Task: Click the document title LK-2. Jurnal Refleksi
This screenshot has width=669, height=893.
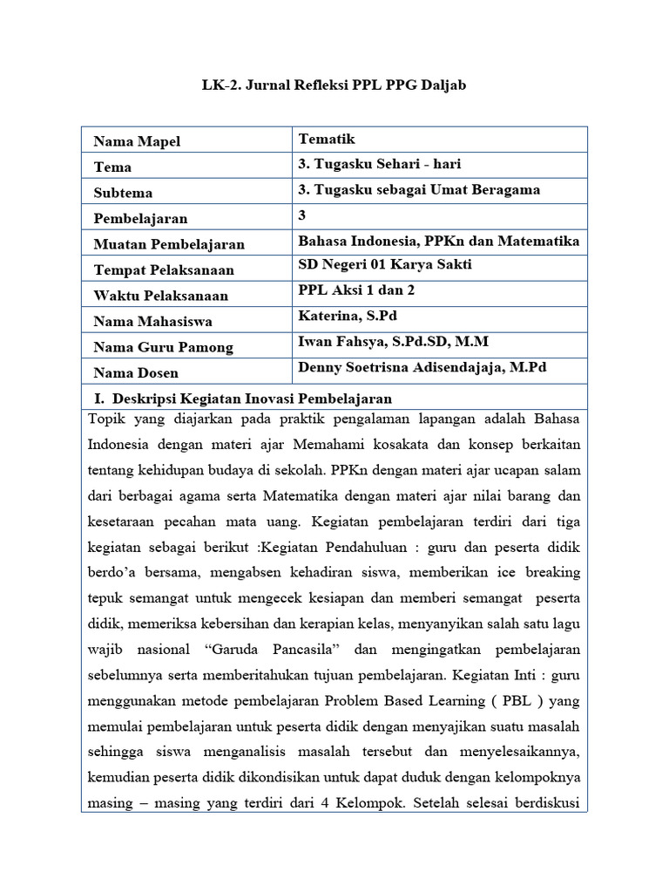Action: click(x=335, y=85)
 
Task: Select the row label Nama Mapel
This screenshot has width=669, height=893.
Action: click(x=137, y=141)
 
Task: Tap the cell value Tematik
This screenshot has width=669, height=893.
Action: click(x=327, y=139)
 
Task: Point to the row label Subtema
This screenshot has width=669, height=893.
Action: click(x=123, y=193)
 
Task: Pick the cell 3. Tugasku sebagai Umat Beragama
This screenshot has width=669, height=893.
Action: click(x=419, y=189)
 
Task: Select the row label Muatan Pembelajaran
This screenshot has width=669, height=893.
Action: click(x=169, y=244)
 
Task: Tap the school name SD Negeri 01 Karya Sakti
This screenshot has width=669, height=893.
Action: click(x=386, y=265)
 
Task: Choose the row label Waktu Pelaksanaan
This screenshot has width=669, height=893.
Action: click(x=160, y=296)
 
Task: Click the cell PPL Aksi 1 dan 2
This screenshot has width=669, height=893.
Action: click(x=356, y=290)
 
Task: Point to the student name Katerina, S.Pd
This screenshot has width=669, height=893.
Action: click(x=348, y=316)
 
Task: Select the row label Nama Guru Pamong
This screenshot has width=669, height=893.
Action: click(x=163, y=347)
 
